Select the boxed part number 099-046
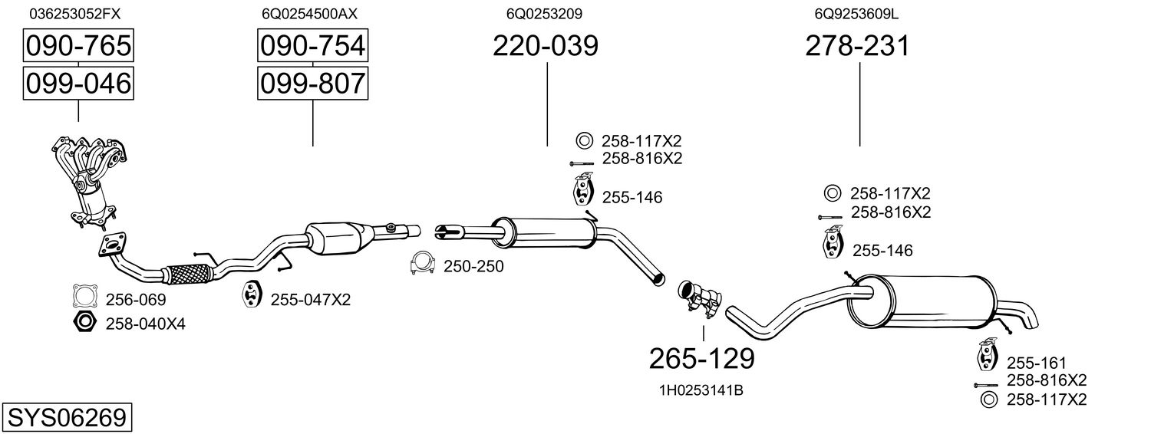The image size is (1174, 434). point(78,83)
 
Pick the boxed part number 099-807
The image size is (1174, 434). point(312,83)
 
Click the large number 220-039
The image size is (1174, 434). point(545,46)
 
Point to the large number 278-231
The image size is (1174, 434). point(857,46)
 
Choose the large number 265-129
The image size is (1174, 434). point(701,357)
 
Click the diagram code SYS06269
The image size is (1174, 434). point(66,418)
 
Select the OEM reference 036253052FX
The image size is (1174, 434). point(75,14)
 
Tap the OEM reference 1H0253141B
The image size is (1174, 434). point(701,390)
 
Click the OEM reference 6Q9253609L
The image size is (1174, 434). point(857,14)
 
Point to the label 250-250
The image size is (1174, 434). point(473,266)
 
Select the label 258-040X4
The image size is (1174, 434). point(145,324)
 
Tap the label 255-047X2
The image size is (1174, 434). point(310,300)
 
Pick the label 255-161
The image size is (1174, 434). point(1037,363)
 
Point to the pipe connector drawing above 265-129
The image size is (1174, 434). point(700,298)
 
